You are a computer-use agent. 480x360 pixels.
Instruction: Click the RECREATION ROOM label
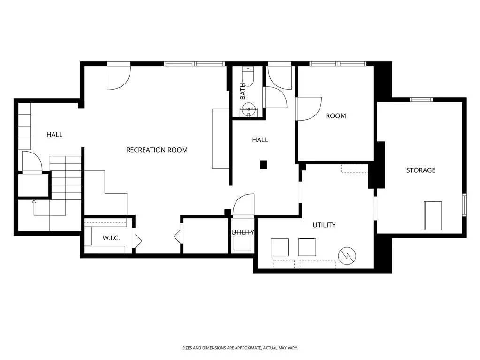(157, 150)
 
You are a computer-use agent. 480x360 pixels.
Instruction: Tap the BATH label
(243, 91)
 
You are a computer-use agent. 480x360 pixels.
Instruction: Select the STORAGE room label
(420, 170)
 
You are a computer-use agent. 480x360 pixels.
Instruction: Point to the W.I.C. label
(111, 238)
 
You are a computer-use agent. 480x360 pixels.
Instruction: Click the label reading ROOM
(336, 116)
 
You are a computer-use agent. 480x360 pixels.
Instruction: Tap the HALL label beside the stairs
(54, 135)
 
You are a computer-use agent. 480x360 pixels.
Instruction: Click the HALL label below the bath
(260, 140)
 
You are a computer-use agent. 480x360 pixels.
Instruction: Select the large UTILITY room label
(324, 225)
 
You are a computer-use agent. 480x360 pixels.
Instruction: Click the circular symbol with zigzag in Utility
(347, 255)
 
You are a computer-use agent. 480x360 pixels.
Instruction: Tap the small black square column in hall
(264, 164)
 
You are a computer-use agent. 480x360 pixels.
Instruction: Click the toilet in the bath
(248, 76)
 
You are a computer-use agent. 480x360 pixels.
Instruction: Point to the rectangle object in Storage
(433, 215)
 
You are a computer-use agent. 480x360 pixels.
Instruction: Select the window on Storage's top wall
(421, 100)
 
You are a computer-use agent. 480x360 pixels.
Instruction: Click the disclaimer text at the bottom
(240, 348)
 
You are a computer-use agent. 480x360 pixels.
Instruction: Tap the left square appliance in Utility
(280, 247)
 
